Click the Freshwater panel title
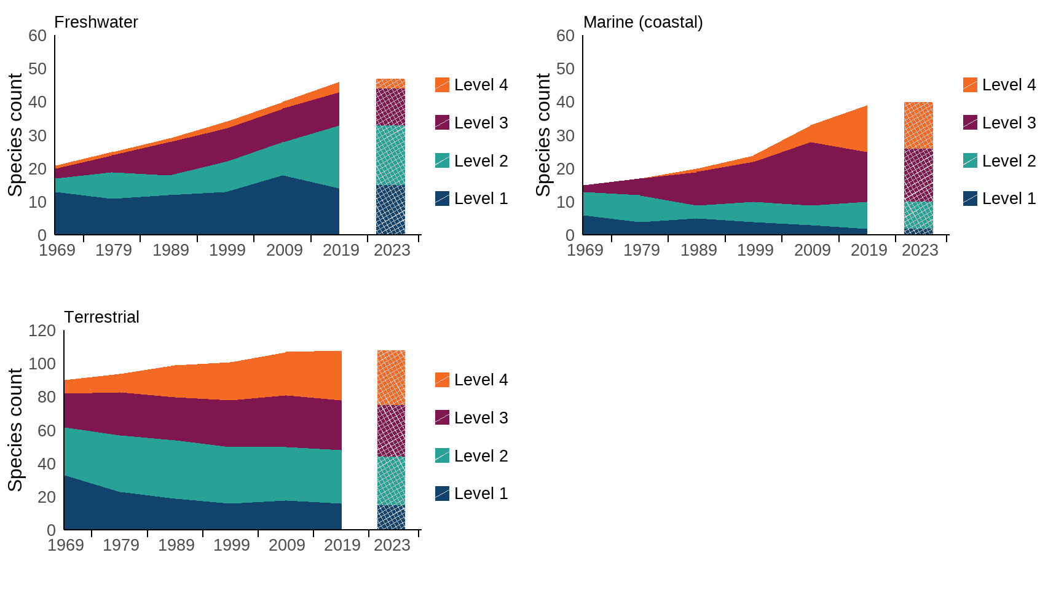[x=96, y=22]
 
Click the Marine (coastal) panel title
[x=642, y=22]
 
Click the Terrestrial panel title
[x=101, y=317]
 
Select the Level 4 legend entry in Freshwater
[x=471, y=85]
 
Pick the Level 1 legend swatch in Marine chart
[x=970, y=199]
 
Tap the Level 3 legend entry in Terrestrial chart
[x=471, y=418]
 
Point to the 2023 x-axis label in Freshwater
[x=392, y=250]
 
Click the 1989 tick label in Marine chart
[x=698, y=250]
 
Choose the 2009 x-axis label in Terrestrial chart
[x=286, y=545]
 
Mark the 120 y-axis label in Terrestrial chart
[x=42, y=331]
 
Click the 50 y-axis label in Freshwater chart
[x=37, y=69]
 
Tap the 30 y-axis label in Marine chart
[x=565, y=135]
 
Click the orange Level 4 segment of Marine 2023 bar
[x=918, y=125]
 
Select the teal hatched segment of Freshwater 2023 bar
[x=390, y=155]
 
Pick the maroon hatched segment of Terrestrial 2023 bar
[x=391, y=431]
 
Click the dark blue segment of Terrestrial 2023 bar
[x=391, y=517]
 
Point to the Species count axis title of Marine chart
[x=543, y=135]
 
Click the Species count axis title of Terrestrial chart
[x=15, y=430]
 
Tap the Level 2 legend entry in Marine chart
[x=999, y=161]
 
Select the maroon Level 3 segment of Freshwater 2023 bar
[x=390, y=107]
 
